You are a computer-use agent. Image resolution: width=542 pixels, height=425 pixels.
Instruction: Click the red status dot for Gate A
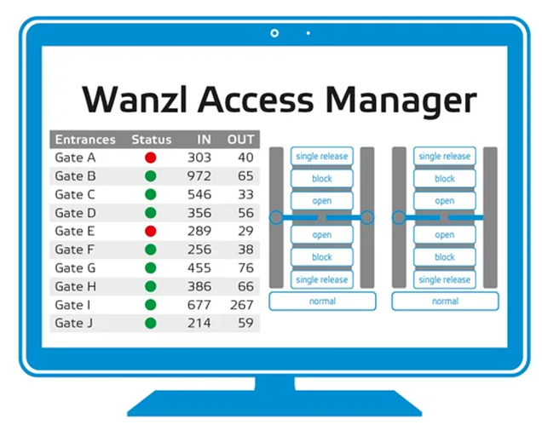[150, 158]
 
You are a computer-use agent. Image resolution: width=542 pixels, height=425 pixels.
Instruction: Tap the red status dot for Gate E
[150, 231]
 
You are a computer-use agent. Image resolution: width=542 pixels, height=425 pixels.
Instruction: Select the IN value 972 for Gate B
[199, 176]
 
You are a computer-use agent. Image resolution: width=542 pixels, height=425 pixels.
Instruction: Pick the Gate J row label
[69, 324]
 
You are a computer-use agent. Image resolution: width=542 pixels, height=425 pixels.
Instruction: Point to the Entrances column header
[85, 140]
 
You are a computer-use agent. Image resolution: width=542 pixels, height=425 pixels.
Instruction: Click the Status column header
[151, 140]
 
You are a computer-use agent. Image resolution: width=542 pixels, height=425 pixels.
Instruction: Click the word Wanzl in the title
[136, 100]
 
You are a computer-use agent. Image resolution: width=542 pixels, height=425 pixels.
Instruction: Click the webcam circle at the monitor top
[274, 33]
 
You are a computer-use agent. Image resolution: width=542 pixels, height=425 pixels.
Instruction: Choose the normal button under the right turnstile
[445, 301]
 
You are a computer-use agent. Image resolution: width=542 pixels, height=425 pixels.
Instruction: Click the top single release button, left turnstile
[322, 157]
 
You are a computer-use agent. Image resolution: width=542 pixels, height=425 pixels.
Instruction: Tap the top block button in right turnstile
[445, 179]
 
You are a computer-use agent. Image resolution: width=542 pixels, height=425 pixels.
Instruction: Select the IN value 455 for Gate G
[199, 268]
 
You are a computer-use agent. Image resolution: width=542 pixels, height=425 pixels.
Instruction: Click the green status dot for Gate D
[150, 213]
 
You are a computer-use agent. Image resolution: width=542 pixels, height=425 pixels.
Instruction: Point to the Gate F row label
[69, 250]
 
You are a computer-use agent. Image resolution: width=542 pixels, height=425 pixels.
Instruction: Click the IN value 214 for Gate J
[199, 324]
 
